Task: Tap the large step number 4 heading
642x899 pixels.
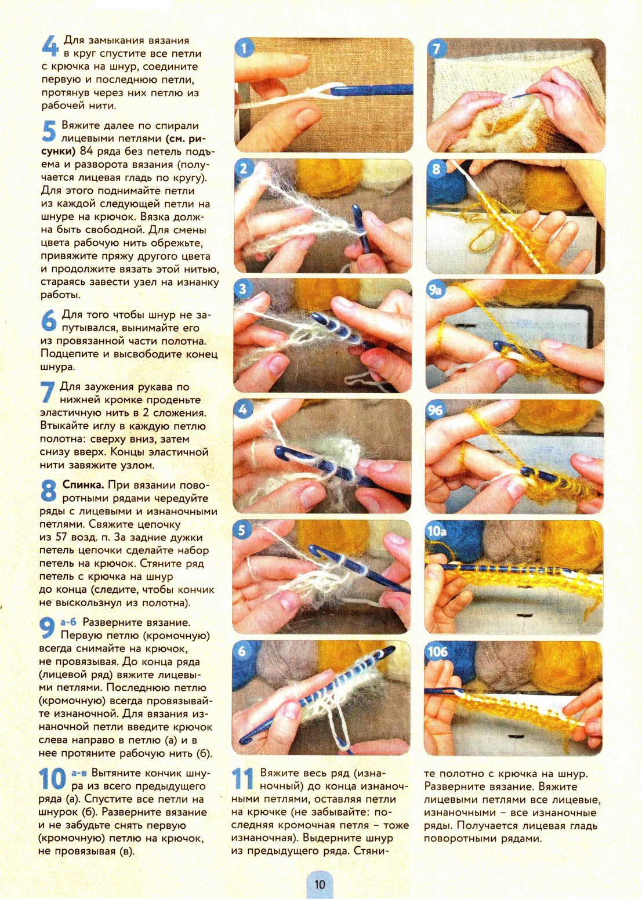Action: [50, 46]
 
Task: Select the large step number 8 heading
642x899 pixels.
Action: [49, 492]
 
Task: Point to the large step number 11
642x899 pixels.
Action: [243, 779]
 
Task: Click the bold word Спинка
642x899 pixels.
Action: [84, 485]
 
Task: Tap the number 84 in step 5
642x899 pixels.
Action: [88, 152]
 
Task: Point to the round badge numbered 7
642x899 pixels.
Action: [436, 49]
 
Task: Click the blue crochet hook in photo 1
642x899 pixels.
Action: [371, 89]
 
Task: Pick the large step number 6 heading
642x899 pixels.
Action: [49, 321]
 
